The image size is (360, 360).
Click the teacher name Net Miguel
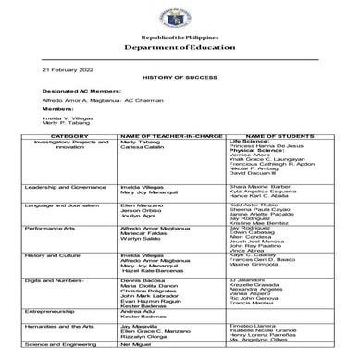click(134, 344)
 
